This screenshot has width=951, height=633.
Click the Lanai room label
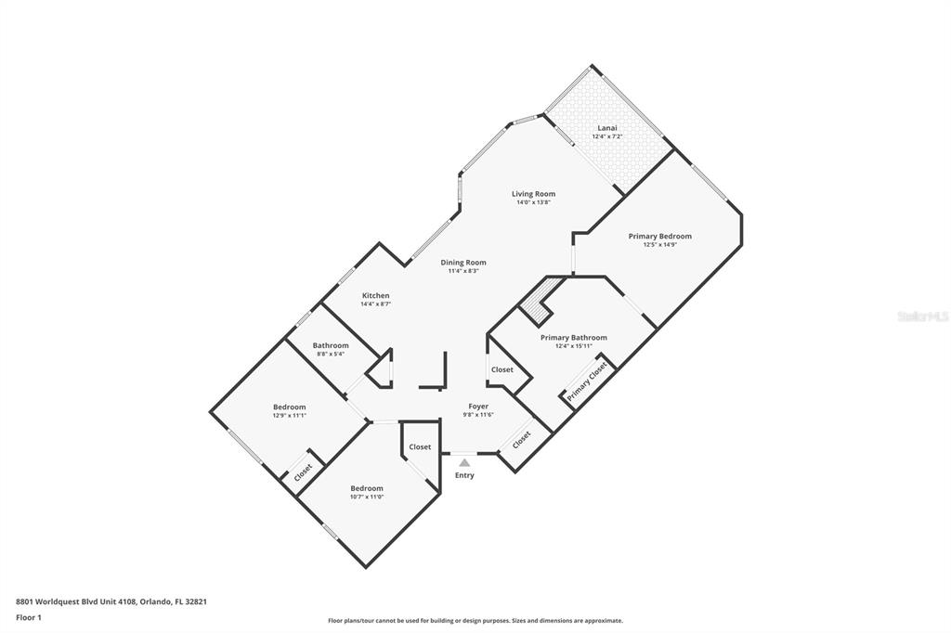click(x=606, y=127)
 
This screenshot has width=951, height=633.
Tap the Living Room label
click(x=533, y=194)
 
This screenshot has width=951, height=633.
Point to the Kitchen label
click(x=375, y=296)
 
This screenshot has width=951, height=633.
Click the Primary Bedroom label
click(x=659, y=237)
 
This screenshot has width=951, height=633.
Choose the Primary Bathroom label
click(x=573, y=338)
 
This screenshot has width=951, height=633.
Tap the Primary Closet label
click(x=587, y=381)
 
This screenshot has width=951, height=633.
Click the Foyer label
click(x=477, y=407)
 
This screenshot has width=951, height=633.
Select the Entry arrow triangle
click(x=464, y=461)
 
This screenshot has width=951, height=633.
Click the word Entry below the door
click(x=464, y=475)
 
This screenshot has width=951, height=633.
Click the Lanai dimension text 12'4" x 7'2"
click(x=606, y=136)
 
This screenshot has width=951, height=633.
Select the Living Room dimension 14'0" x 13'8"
click(x=533, y=202)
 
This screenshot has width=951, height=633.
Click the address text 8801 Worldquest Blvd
click(x=111, y=601)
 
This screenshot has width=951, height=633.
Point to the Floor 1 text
click(x=29, y=617)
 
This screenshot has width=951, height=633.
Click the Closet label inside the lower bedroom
click(x=420, y=447)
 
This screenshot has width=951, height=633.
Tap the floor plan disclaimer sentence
click(x=475, y=621)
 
